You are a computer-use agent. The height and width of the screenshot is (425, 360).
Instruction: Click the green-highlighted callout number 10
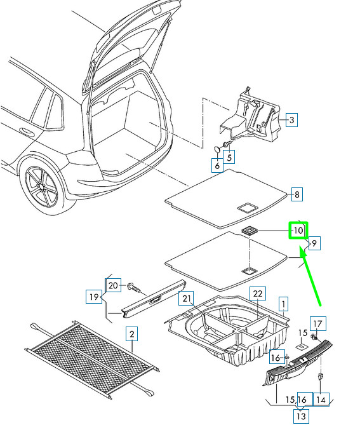pyautogui.click(x=298, y=231)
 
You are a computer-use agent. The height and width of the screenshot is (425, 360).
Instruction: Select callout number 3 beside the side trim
pyautogui.click(x=291, y=120)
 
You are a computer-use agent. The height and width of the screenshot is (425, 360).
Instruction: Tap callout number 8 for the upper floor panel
pyautogui.click(x=297, y=194)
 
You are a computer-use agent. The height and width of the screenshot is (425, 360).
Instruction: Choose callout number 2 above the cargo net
pyautogui.click(x=132, y=334)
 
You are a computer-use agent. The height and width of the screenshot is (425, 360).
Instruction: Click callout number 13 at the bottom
pyautogui.click(x=301, y=416)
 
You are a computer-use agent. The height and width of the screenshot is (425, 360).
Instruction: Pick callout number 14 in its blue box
pyautogui.click(x=321, y=400)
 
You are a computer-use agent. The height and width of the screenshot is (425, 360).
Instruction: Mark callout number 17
pyautogui.click(x=317, y=323)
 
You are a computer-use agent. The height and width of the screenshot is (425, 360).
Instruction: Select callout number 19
pyautogui.click(x=94, y=297)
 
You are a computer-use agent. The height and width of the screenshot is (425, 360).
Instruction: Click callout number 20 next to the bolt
pyautogui.click(x=113, y=285)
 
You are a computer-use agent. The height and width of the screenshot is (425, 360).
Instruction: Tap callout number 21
pyautogui.click(x=187, y=299)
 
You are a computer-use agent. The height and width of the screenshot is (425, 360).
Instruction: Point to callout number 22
pyautogui.click(x=258, y=293)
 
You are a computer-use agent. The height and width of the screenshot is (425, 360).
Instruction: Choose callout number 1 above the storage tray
pyautogui.click(x=283, y=304)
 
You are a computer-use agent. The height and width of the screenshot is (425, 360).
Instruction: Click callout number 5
pyautogui.click(x=229, y=157)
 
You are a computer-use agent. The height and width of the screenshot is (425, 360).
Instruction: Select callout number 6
pyautogui.click(x=217, y=166)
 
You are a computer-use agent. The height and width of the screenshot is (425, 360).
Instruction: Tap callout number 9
pyautogui.click(x=314, y=243)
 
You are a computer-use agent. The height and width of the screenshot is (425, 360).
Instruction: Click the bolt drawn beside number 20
pyautogui.click(x=133, y=288)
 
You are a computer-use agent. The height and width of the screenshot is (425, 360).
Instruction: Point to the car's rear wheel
pyautogui.click(x=43, y=187)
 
